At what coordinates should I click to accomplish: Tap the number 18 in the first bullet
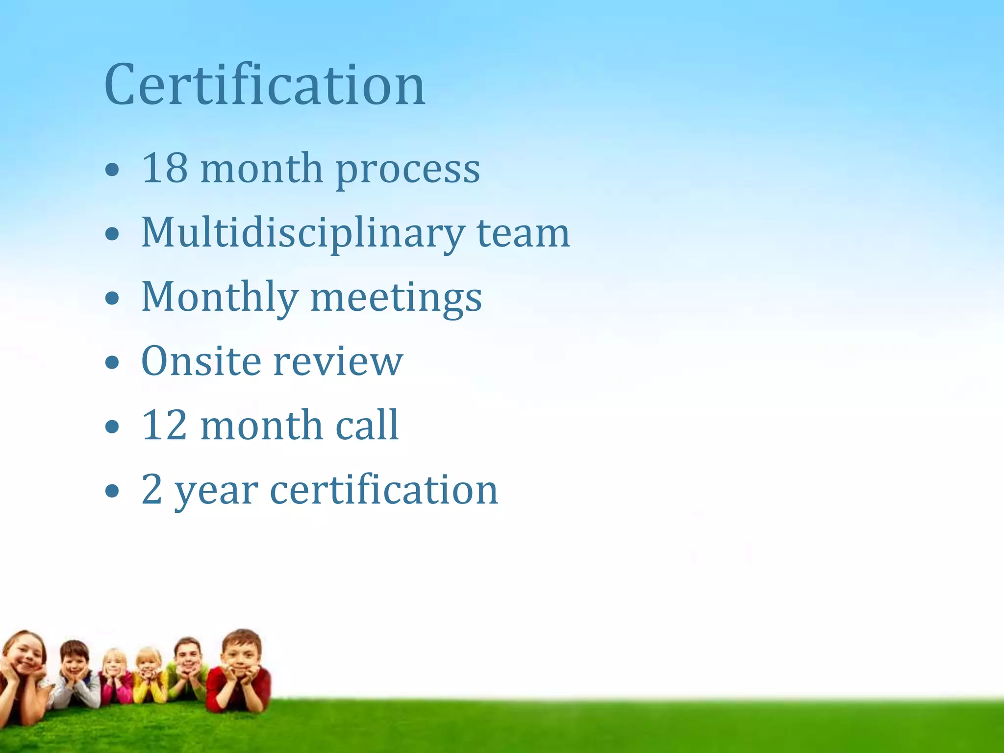point(164,168)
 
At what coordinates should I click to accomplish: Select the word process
point(407,170)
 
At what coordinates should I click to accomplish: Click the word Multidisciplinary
point(303,233)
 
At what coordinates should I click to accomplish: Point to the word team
point(523,233)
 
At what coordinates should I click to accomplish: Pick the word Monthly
point(220,298)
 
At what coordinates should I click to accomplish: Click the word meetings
point(396,299)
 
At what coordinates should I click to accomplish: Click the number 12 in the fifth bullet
point(164,425)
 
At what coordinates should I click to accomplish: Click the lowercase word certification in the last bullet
point(384,489)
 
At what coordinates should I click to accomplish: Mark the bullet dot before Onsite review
point(112,363)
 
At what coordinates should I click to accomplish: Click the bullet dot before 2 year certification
point(112,491)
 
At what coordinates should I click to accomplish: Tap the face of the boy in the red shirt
point(240,654)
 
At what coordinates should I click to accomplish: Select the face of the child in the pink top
point(114,665)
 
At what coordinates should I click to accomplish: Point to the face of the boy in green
point(188,654)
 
